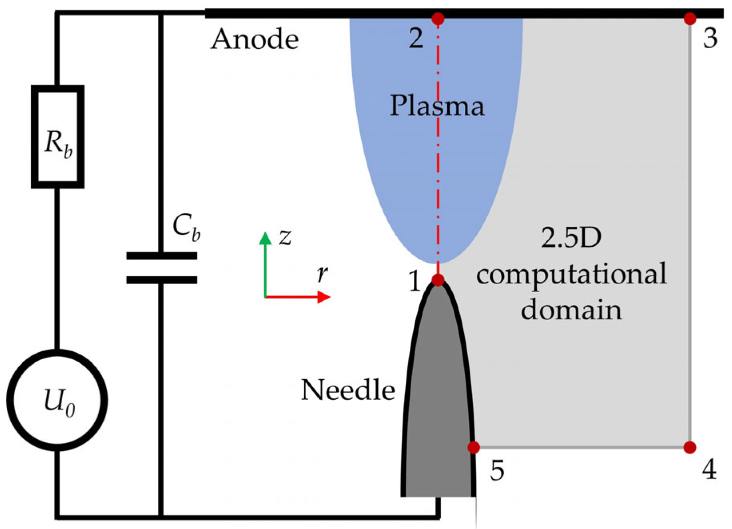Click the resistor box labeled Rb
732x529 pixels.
(x=58, y=137)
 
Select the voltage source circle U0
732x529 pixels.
(x=57, y=400)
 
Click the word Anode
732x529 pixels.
(x=255, y=40)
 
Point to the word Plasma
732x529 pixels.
(x=437, y=106)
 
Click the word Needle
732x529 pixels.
(x=348, y=390)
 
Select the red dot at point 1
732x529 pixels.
(x=438, y=279)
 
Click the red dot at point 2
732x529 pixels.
(x=438, y=18)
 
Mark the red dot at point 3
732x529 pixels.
(x=690, y=18)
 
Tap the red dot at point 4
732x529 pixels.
(x=690, y=447)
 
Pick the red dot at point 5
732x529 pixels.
(x=474, y=447)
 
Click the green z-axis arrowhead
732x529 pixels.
(x=265, y=238)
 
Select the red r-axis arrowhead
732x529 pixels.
(x=324, y=297)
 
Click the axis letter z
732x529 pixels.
(x=285, y=237)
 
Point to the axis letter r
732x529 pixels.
(x=322, y=274)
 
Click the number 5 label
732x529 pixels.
(x=497, y=471)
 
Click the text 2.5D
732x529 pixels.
(x=571, y=238)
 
